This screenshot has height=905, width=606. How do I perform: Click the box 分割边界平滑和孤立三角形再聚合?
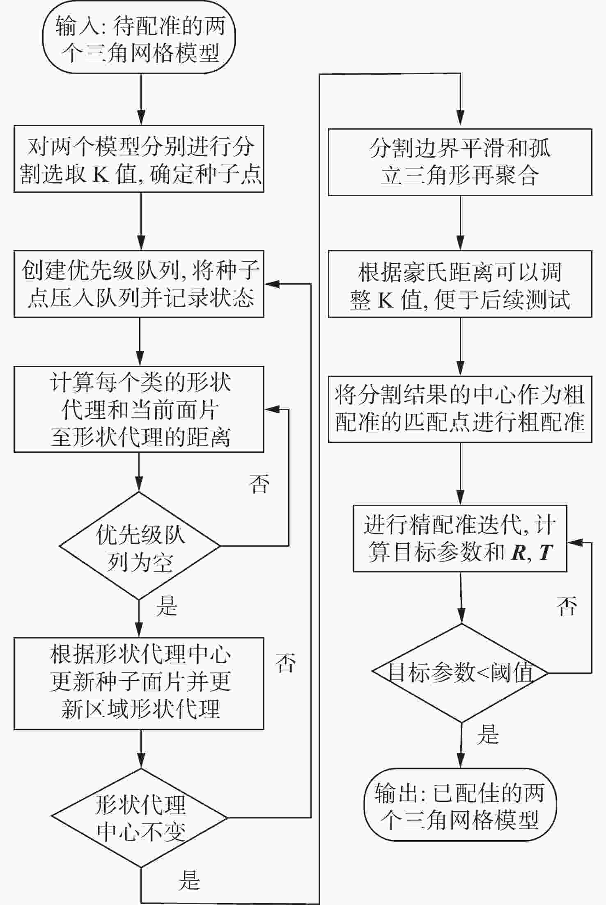click(x=460, y=162)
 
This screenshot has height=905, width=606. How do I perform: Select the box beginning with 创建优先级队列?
click(x=139, y=284)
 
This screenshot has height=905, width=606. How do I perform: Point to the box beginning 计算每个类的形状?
click(x=139, y=409)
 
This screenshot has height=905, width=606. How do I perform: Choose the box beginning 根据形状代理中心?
click(x=139, y=683)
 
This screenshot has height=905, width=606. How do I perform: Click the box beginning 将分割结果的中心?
click(x=460, y=409)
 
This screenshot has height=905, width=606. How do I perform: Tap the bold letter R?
click(x=519, y=553)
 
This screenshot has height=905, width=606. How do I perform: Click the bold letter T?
click(x=546, y=553)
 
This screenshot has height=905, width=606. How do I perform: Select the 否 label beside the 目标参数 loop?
click(x=567, y=606)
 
